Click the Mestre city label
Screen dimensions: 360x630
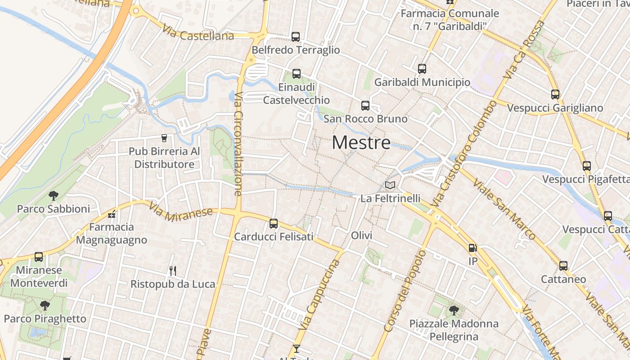click(x=361, y=143)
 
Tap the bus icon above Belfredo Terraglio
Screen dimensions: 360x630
click(x=296, y=37)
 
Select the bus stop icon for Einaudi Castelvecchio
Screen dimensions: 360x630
click(x=296, y=74)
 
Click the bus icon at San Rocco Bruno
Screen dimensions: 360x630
click(x=365, y=106)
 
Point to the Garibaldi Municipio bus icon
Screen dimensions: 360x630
click(x=422, y=69)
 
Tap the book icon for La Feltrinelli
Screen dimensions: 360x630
click(x=390, y=185)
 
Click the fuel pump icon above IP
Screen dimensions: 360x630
click(x=472, y=247)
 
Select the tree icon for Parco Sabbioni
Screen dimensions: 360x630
click(x=54, y=196)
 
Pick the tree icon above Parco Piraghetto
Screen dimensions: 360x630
click(x=45, y=306)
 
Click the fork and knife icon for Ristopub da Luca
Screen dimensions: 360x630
click(x=172, y=270)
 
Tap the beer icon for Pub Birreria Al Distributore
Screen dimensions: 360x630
click(x=164, y=138)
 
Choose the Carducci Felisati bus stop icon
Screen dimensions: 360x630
click(x=274, y=223)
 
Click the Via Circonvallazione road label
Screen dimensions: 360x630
click(x=238, y=144)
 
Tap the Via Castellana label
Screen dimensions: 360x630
click(x=198, y=34)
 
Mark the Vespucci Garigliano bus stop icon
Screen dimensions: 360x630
click(x=555, y=94)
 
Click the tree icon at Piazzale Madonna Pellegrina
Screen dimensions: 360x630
click(x=454, y=310)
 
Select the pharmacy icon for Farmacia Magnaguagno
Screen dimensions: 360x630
click(x=112, y=214)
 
